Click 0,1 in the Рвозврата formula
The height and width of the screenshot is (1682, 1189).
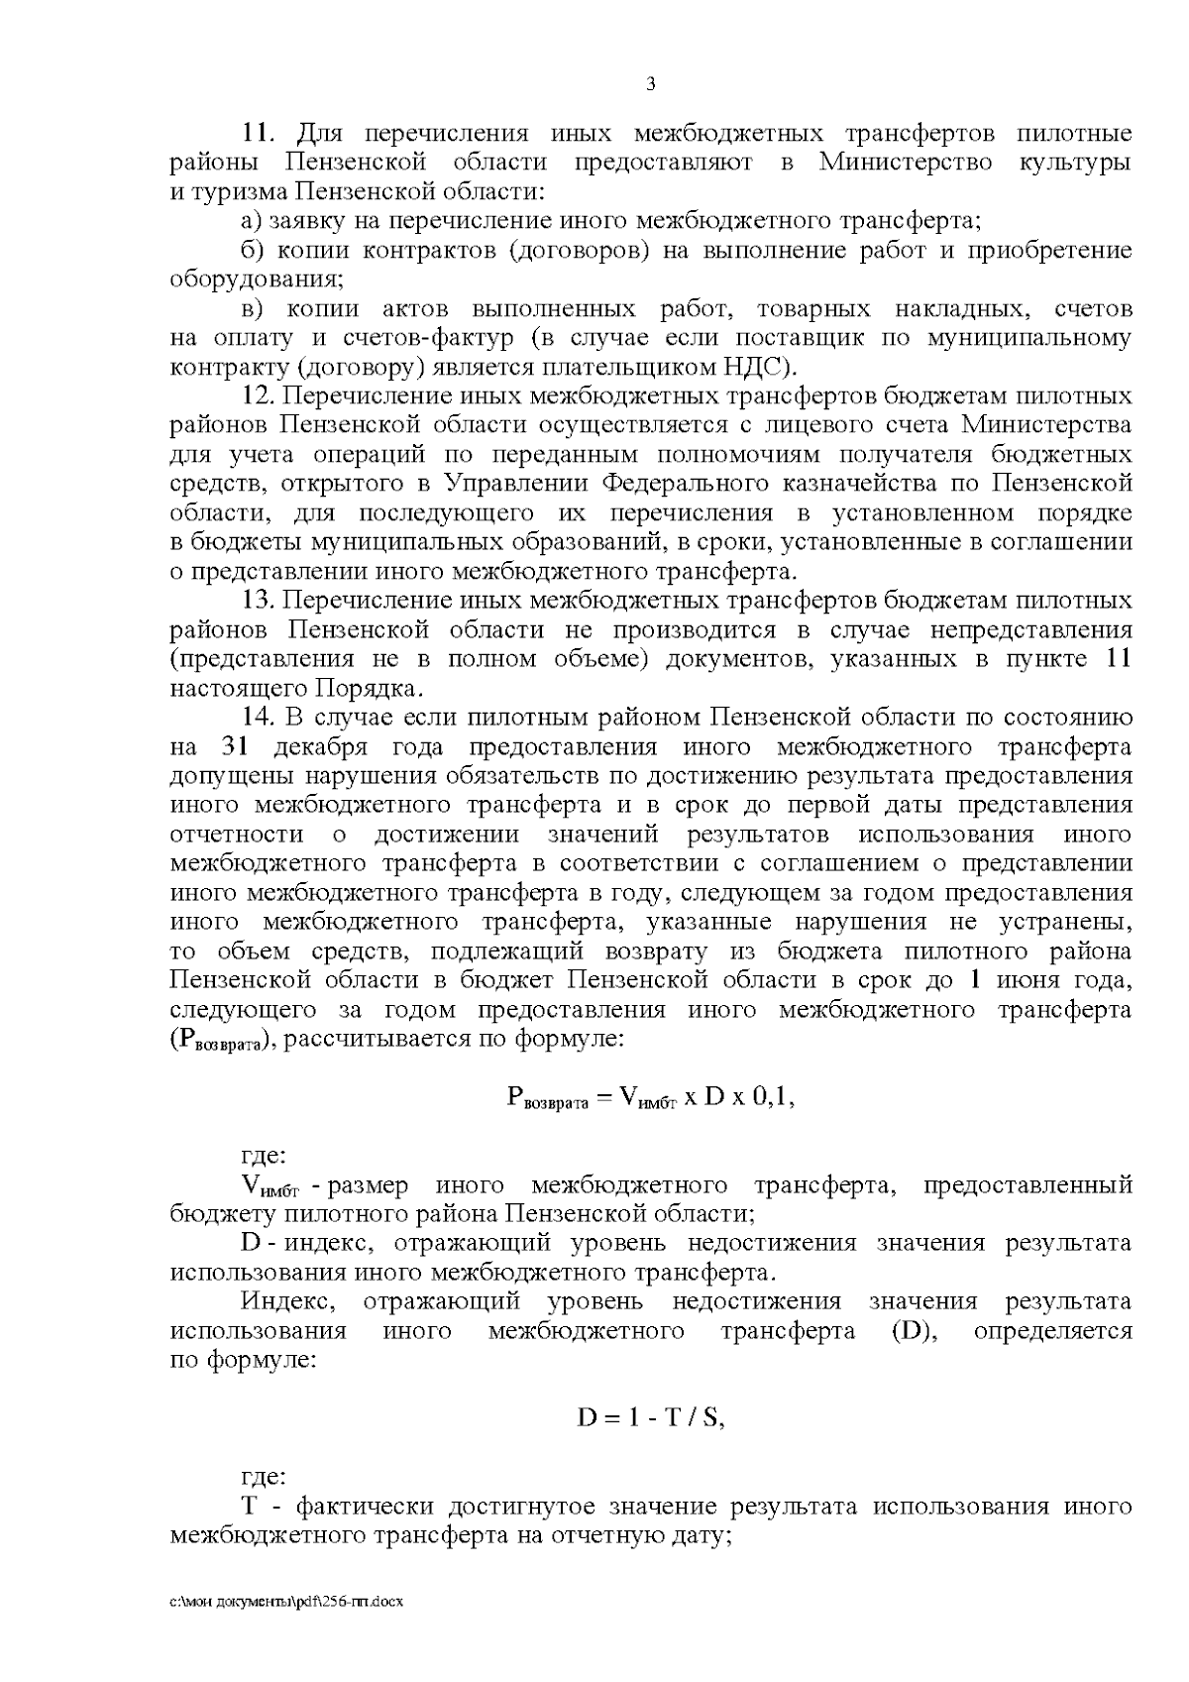[771, 1096]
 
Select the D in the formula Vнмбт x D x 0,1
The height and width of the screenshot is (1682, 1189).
[715, 1096]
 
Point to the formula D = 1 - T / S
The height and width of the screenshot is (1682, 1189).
[651, 1418]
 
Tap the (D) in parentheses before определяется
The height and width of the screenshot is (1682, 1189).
[915, 1331]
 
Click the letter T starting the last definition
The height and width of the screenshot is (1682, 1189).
[250, 1508]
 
